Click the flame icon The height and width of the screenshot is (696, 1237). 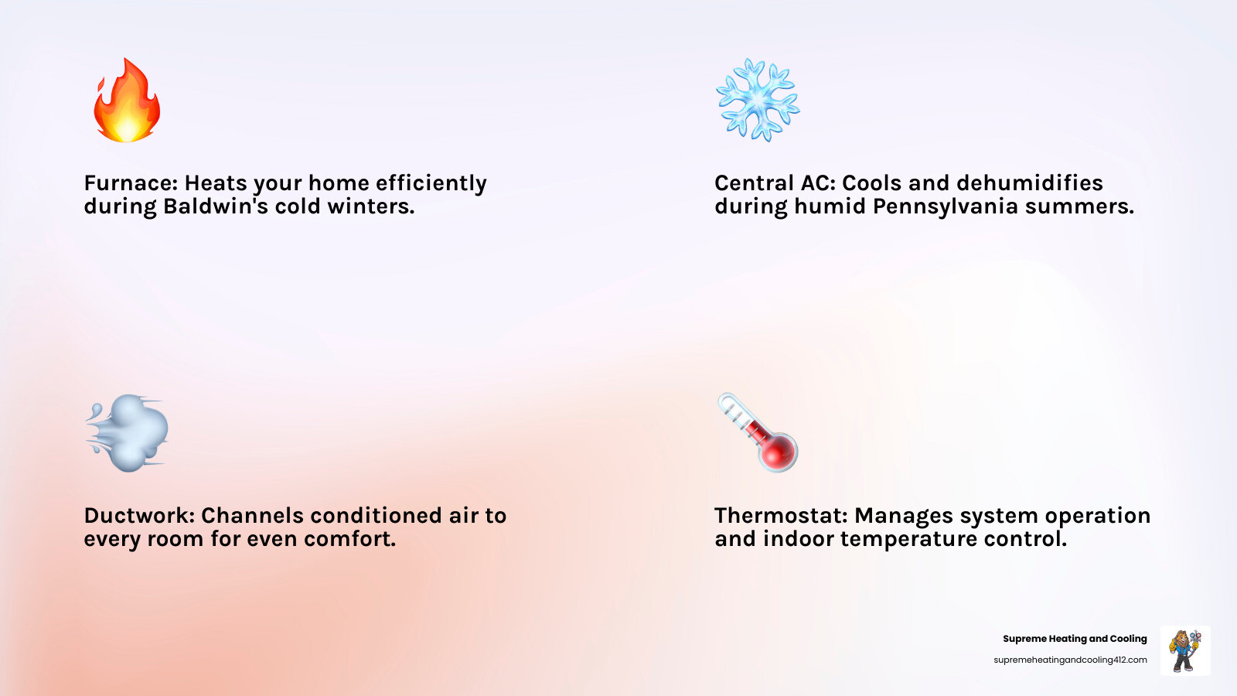point(127,101)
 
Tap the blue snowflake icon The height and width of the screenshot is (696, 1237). point(757,100)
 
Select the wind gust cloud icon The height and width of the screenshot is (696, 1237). point(128,433)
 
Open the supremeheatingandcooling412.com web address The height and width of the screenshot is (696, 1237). point(1070,660)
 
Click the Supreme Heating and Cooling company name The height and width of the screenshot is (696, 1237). point(1075,639)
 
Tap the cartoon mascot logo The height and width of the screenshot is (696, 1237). point(1185,650)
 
